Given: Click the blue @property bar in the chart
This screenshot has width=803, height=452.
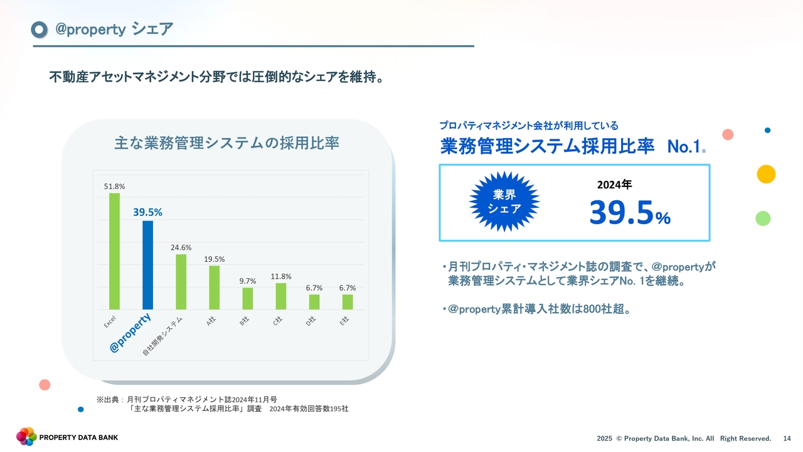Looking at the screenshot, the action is tap(147, 265).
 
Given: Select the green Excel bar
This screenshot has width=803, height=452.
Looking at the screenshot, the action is tap(114, 251).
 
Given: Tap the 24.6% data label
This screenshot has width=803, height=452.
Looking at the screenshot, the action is tap(181, 247).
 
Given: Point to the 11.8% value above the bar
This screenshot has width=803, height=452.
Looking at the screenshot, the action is tap(281, 277).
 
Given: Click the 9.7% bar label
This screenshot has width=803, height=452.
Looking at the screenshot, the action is tap(248, 281).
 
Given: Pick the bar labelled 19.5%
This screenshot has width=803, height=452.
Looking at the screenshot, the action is tap(215, 288).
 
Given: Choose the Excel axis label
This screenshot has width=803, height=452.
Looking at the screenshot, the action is tap(110, 322).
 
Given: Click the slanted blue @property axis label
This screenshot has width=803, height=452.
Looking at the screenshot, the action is tap(130, 333).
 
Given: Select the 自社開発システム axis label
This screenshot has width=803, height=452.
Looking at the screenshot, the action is tap(162, 336).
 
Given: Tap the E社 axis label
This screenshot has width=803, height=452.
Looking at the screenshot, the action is tap(344, 321).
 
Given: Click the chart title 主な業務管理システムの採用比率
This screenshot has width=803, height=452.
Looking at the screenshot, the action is tap(226, 143).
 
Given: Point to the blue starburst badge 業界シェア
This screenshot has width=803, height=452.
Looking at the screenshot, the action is tap(504, 202).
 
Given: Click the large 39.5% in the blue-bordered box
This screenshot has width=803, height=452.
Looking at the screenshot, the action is tap(630, 213).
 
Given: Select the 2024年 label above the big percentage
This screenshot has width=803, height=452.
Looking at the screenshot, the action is tap(614, 185).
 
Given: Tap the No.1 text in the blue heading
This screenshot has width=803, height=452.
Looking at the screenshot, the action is tap(684, 146).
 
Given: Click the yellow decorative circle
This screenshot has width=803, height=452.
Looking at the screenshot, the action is tap(766, 175).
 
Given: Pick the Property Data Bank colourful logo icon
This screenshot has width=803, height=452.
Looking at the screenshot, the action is tap(26, 436).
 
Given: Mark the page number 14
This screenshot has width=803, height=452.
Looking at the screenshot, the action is tap(787, 438).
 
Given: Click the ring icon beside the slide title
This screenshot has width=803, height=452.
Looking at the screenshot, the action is tap(39, 30).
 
